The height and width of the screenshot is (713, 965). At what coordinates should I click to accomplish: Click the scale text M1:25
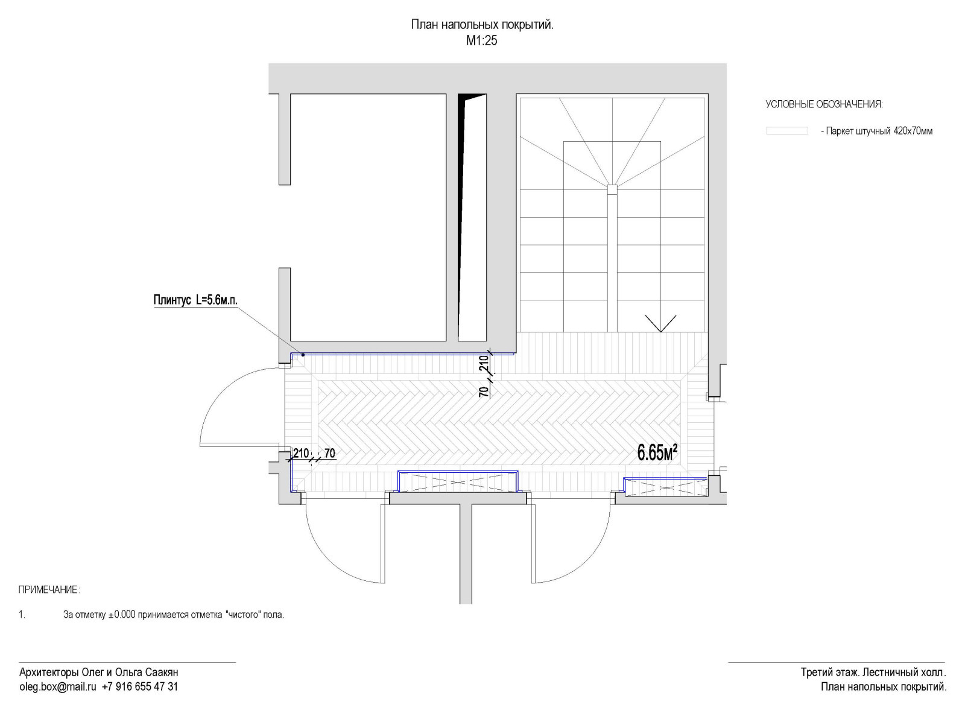482,40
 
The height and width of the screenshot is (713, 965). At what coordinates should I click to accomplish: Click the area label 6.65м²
657,452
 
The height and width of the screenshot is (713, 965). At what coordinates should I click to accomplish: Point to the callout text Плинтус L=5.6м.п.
195,300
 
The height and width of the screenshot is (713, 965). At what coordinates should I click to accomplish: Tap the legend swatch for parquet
786,131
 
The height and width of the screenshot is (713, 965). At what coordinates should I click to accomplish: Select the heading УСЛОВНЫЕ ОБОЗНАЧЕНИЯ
824,104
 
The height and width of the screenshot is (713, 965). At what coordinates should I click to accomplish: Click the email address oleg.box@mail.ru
57,687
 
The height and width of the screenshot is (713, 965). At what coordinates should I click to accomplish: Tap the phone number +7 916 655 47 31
140,687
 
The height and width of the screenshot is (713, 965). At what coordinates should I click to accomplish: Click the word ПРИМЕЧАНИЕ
48,591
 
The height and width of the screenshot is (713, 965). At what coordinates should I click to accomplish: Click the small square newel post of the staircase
612,189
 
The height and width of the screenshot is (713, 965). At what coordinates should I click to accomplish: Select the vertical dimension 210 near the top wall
484,364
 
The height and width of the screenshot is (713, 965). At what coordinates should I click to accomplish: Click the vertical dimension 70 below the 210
484,391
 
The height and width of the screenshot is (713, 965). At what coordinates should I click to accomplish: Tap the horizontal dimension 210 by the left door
300,453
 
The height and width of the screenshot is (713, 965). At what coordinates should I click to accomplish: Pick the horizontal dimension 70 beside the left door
330,453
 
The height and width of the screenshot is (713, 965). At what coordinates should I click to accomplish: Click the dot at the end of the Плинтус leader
303,355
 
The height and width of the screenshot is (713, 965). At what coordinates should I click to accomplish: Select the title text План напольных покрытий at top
482,25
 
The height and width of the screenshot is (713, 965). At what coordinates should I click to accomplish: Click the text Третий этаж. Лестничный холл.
873,672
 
